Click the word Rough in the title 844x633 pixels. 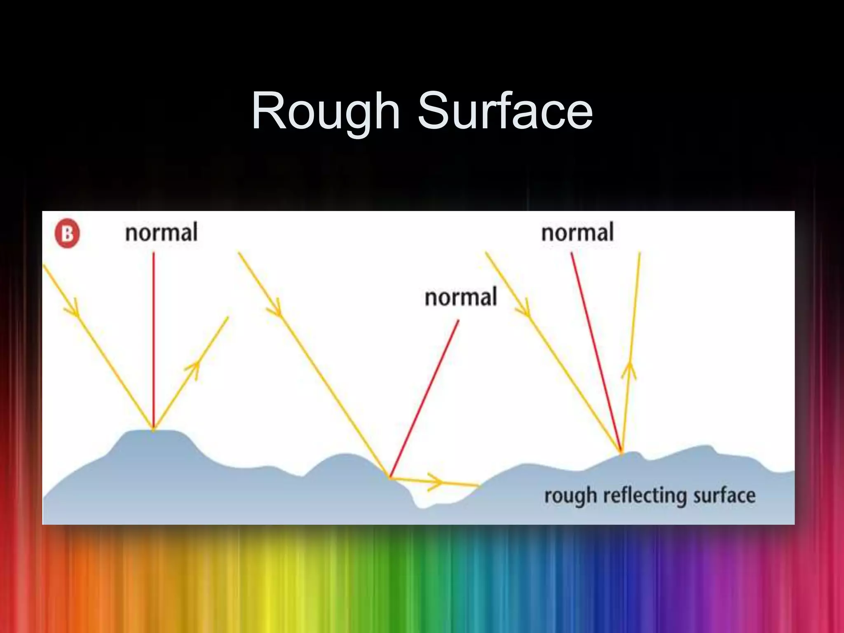[326, 111]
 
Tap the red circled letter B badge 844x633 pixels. [67, 234]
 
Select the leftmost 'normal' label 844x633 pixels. [162, 232]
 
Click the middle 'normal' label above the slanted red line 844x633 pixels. [461, 297]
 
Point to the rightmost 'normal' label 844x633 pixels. [577, 232]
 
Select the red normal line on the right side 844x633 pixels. [595, 350]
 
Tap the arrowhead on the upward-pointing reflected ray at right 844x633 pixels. [629, 369]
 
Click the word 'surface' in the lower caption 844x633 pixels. [724, 495]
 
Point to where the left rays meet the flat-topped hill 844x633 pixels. [154, 429]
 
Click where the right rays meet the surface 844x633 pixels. [621, 452]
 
